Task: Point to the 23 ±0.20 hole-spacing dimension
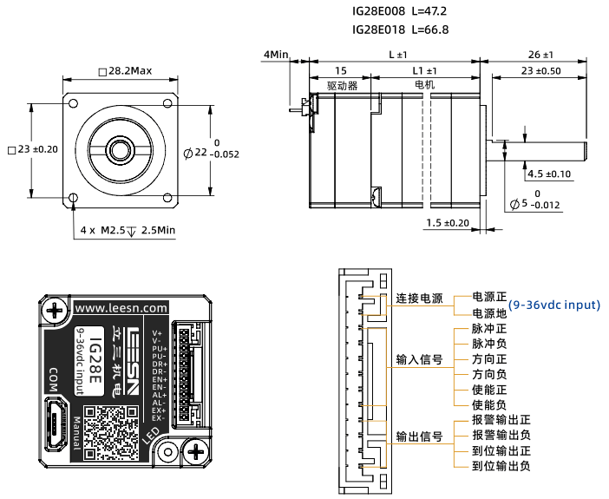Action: tap(32, 149)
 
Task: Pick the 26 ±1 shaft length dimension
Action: tap(540, 54)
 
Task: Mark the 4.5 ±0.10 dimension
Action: tap(549, 174)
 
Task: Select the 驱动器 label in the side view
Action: tap(342, 86)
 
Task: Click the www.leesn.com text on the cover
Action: tap(121, 307)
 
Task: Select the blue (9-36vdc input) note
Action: tap(554, 305)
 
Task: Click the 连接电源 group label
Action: tap(419, 299)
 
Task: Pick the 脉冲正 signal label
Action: tap(488, 330)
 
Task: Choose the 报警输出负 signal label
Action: tap(501, 435)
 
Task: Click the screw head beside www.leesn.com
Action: tap(56, 309)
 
